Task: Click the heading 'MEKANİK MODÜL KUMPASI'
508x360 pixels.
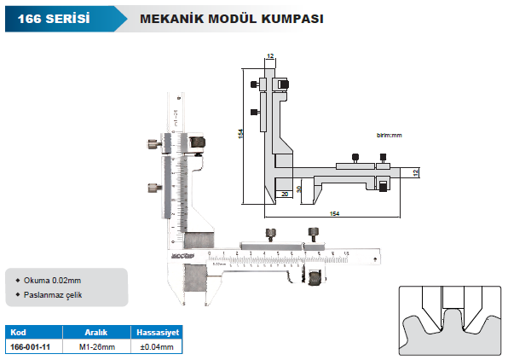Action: pyautogui.click(x=218, y=17)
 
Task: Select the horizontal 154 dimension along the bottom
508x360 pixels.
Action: pyautogui.click(x=334, y=212)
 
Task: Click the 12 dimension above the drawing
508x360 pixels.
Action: pyautogui.click(x=270, y=55)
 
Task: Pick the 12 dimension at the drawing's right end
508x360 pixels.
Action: pyautogui.click(x=415, y=172)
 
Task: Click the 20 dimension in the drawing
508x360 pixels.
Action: pyautogui.click(x=284, y=195)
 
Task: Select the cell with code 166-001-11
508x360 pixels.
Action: pyautogui.click(x=31, y=347)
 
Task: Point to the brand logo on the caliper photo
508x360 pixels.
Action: pyautogui.click(x=182, y=254)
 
